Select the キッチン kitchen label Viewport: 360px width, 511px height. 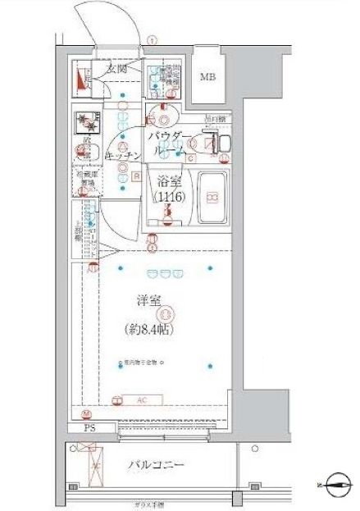[125, 155]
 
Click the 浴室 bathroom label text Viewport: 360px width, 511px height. [167, 182]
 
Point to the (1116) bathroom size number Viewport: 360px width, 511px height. [167, 198]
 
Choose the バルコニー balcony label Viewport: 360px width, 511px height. [156, 465]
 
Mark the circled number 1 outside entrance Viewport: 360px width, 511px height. [152, 40]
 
